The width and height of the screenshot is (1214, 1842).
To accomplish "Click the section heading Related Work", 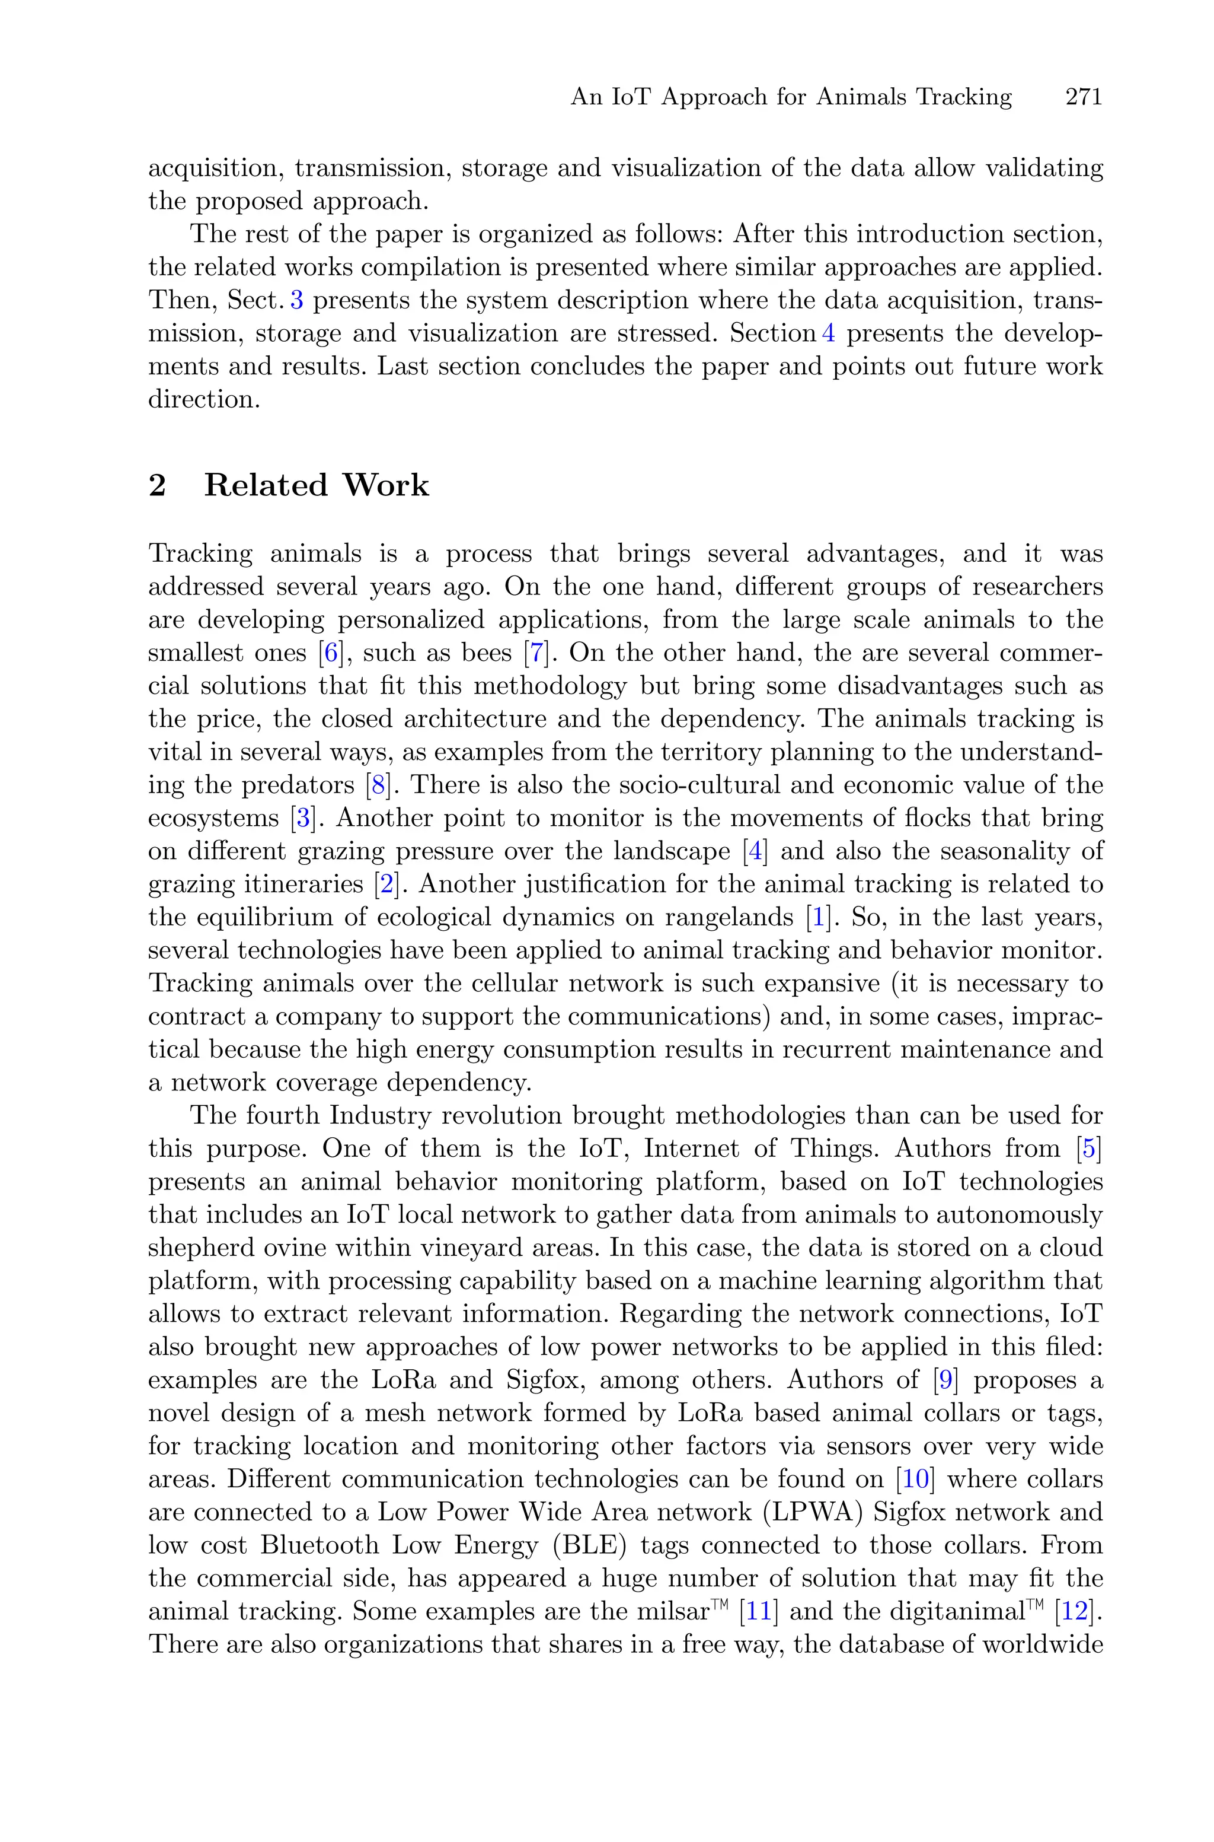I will [x=316, y=486].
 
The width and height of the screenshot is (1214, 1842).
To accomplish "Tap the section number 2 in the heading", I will [x=157, y=486].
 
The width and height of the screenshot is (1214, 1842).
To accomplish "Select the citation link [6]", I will [x=331, y=653].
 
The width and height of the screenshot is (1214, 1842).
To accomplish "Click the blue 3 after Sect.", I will [x=296, y=301].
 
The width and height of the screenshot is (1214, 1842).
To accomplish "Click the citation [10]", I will [x=915, y=1480].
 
